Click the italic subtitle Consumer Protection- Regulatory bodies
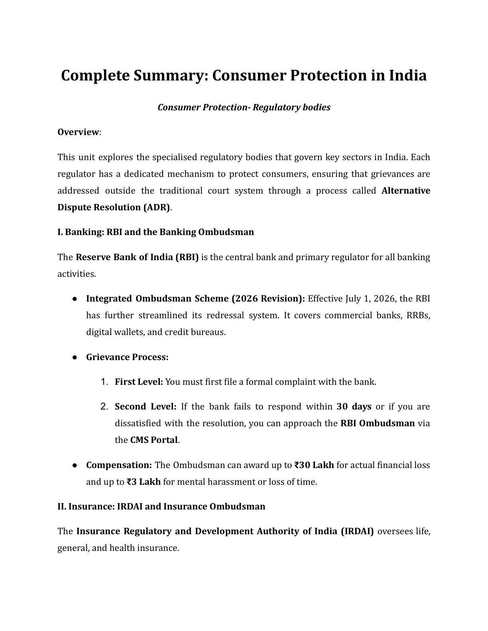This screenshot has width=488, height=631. tap(244, 108)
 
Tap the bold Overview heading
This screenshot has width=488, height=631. tap(78, 132)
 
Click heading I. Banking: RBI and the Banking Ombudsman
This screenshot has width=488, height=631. tap(155, 232)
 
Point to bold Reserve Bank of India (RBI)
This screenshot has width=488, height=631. tap(137, 257)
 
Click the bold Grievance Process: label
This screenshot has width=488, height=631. tap(127, 357)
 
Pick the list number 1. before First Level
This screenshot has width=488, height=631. tap(104, 382)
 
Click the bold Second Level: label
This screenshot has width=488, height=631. tap(146, 407)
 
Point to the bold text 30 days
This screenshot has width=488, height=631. tap(354, 407)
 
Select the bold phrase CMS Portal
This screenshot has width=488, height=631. tap(154, 440)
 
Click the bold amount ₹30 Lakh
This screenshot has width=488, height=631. tap(314, 465)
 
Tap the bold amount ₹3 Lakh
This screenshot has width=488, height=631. tap(144, 482)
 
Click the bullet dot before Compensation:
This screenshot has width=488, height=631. tap(75, 465)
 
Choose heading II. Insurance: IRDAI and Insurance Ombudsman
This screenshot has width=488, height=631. tap(161, 507)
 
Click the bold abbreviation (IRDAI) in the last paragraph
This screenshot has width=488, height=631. tap(357, 531)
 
